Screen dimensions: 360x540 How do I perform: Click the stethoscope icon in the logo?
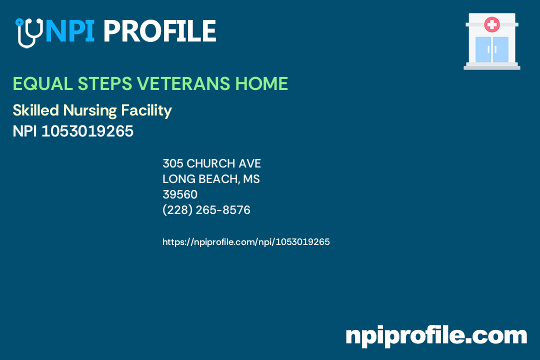coord(28,32)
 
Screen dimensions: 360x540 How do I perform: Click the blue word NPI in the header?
coord(69,31)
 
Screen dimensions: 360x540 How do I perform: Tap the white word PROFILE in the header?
coord(159,31)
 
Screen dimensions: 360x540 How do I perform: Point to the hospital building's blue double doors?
coord(492,49)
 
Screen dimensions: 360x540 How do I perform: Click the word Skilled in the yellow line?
coord(36,110)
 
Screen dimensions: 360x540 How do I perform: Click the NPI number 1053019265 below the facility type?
coord(87,131)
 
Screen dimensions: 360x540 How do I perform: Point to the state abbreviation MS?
coord(251,179)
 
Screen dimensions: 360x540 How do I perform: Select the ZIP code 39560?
coord(180,194)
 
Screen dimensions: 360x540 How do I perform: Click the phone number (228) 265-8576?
coord(206,210)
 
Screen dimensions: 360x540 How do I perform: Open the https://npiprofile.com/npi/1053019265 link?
coord(246,242)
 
